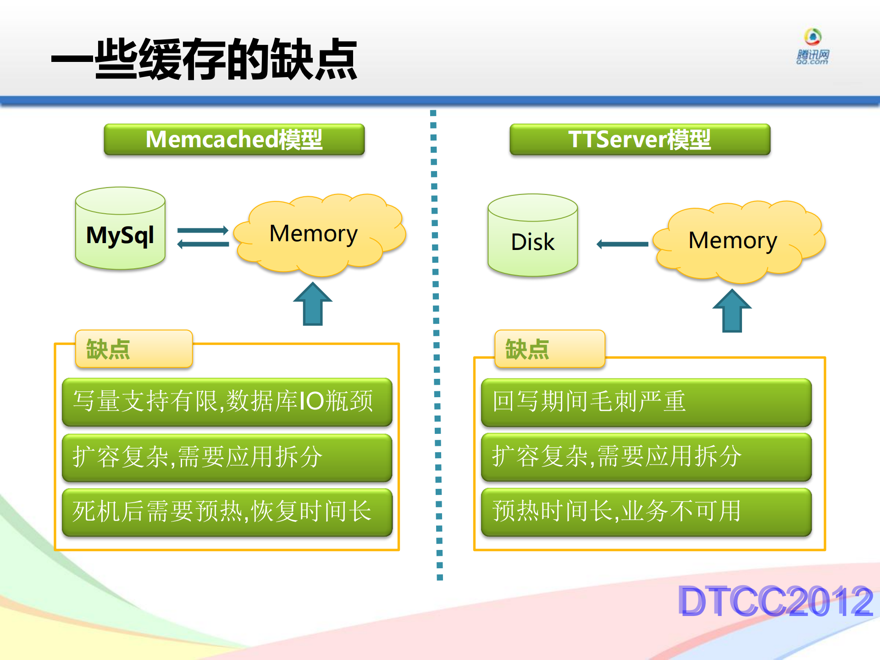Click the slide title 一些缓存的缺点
(204, 60)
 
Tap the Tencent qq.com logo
(812, 47)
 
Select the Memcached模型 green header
(234, 139)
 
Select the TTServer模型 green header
(640, 139)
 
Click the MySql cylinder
(120, 229)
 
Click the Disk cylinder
(532, 236)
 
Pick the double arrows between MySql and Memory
(203, 237)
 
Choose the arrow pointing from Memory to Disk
(622, 244)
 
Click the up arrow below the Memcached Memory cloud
(313, 305)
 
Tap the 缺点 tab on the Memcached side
(133, 349)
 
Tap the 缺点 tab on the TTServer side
(549, 349)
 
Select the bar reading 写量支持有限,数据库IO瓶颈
(227, 402)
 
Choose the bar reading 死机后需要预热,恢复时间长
(227, 512)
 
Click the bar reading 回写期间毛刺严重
(646, 402)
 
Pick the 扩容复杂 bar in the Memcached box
(227, 457)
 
